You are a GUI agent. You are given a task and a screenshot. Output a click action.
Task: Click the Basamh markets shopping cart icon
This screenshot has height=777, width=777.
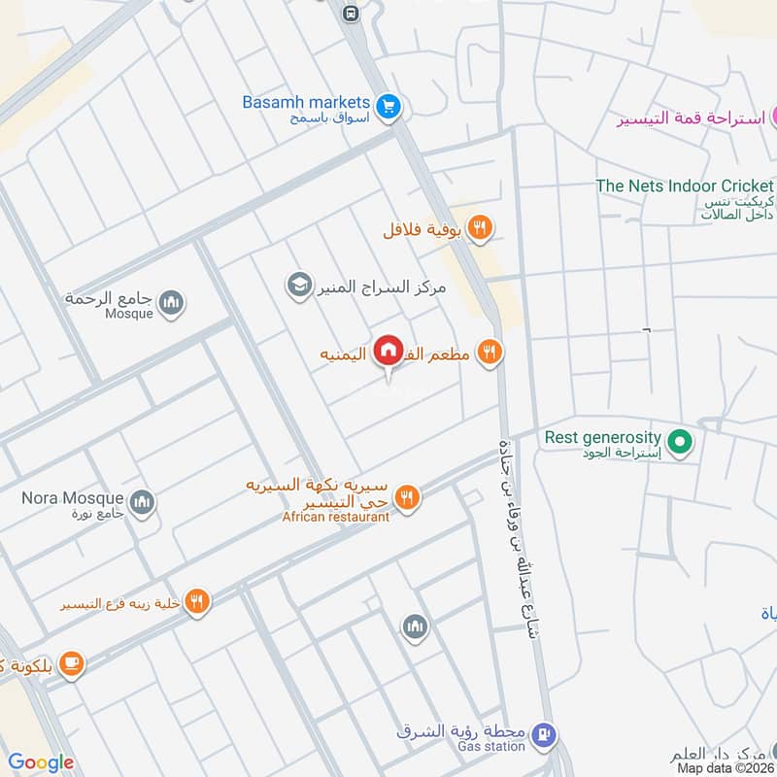pos(388,107)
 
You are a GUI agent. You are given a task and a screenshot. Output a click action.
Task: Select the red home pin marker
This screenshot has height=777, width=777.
pos(388,350)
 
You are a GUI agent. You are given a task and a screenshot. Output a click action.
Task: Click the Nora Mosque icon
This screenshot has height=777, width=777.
pos(143,501)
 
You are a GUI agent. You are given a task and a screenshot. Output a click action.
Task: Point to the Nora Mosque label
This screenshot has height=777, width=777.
pos(73,499)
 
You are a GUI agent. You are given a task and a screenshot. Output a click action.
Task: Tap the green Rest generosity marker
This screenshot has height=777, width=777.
pos(682,443)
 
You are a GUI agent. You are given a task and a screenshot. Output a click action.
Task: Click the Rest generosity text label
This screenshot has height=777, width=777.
pos(602,438)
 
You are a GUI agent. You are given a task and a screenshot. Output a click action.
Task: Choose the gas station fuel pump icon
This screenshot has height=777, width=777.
pos(545,734)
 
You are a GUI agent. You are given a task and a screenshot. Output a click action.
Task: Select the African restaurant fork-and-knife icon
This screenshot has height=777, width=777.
pos(407,497)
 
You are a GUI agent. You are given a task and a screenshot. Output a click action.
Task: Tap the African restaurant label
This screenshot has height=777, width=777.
pos(336,517)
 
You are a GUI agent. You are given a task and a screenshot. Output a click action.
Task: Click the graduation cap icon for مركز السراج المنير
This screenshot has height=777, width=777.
pos(297,285)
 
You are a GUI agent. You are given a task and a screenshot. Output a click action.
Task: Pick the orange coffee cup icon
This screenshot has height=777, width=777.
pos(71,664)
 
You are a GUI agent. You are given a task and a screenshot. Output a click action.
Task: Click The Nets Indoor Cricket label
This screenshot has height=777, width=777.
pos(685,186)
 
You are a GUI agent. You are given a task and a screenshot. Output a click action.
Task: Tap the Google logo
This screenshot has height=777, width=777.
pos(41,762)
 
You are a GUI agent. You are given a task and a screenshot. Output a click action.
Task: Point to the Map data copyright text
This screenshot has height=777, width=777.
pos(726,767)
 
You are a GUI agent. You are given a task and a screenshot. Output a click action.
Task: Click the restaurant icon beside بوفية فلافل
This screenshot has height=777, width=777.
pos(479,229)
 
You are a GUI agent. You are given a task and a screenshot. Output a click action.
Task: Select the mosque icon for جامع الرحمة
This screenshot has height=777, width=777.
pos(172,304)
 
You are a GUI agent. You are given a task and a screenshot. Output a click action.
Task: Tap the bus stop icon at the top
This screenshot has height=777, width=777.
pos(350,14)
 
